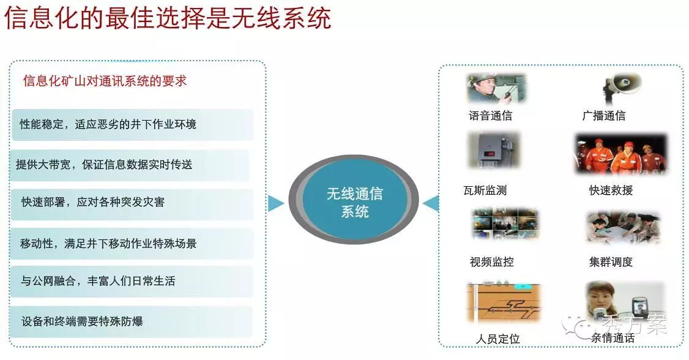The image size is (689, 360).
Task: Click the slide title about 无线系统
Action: [x=168, y=18]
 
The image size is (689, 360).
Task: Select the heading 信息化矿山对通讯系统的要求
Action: [x=105, y=81]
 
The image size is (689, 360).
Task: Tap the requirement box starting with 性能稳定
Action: [x=133, y=125]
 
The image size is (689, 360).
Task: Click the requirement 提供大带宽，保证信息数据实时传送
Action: [x=130, y=165]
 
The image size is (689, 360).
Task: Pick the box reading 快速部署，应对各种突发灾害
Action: [x=132, y=203]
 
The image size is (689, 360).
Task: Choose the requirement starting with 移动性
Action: [x=132, y=243]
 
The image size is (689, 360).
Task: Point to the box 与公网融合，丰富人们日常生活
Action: [x=132, y=281]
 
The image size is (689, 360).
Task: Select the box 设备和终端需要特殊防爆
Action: [x=131, y=322]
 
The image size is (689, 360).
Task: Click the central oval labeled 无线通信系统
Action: [x=354, y=200]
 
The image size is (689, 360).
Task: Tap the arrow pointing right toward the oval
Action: [x=275, y=203]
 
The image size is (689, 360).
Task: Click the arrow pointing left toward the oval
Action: [x=431, y=203]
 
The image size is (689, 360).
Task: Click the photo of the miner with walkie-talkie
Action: [x=496, y=88]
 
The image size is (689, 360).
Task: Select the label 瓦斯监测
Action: [x=485, y=190]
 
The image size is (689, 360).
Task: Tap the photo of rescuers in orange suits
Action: [x=621, y=154]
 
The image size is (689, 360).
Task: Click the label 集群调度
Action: [x=611, y=262]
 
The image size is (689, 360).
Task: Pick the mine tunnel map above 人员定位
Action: [x=504, y=303]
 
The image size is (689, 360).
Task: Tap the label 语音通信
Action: [x=490, y=116]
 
